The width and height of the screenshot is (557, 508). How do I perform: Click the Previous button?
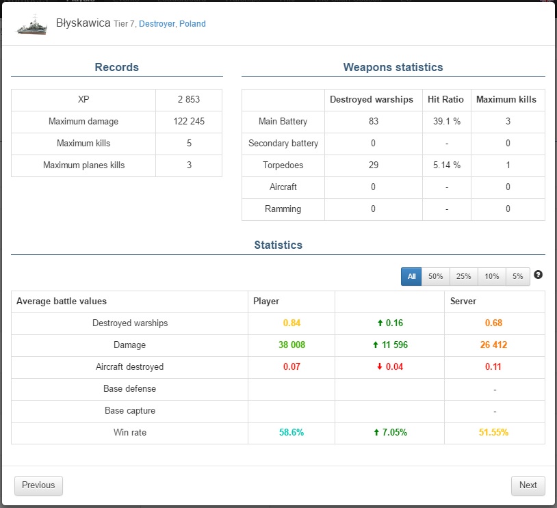point(38,485)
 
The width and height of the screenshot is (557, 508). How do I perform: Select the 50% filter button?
point(435,276)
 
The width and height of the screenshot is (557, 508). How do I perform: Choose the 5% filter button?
point(517,276)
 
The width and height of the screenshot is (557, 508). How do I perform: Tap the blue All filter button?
point(411,276)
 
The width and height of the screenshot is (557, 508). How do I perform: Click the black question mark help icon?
point(538,275)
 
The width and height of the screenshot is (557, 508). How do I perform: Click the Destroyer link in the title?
point(157,24)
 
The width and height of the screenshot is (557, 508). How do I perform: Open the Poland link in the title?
point(192,24)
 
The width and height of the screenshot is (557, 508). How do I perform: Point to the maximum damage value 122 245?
point(189,122)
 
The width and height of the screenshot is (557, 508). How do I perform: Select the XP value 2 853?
point(189,100)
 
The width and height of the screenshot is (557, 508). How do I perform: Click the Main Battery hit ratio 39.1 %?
point(445,122)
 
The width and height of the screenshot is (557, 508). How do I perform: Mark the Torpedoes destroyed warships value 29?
point(373,165)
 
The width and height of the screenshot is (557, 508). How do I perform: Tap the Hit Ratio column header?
point(445,100)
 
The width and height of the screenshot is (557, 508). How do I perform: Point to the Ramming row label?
point(283,209)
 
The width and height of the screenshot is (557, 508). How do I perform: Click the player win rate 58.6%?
point(292,433)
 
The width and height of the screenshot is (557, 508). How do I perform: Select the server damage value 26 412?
point(493,345)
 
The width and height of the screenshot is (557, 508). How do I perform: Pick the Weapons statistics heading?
point(393,68)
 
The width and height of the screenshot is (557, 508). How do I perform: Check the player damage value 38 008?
point(292,345)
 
